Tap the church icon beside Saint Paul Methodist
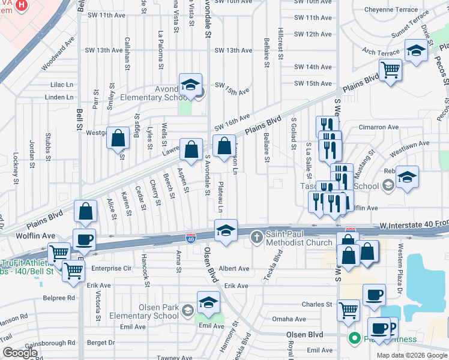point(256,237)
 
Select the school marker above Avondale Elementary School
point(190,85)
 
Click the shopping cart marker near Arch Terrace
point(391,70)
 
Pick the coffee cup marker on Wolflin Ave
point(84,240)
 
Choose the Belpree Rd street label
point(58,297)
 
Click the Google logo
point(20,353)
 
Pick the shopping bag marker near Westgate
point(118,137)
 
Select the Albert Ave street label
point(234,269)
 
